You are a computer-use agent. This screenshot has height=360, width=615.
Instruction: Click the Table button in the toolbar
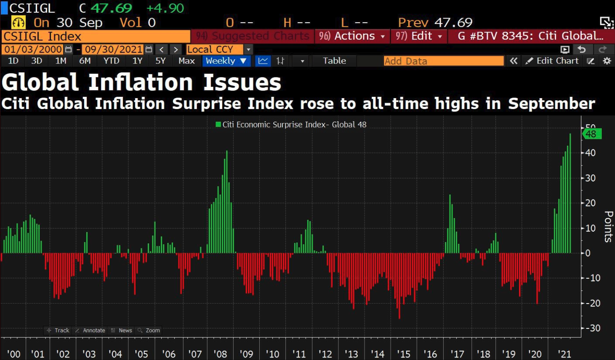334,61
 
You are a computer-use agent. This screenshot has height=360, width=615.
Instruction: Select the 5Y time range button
160,61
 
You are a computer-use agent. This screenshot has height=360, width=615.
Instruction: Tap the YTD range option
111,61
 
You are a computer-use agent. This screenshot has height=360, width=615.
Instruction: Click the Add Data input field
443,61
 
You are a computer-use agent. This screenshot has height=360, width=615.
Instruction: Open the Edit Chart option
552,61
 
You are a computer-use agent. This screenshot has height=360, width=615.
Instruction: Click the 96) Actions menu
352,36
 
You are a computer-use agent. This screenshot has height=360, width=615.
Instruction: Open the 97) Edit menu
418,36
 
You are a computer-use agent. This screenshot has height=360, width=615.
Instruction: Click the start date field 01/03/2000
33,50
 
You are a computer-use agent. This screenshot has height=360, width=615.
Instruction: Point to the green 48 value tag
591,134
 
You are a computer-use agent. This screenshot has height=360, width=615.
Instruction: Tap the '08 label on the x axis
220,354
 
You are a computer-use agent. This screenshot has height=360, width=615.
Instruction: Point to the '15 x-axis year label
403,354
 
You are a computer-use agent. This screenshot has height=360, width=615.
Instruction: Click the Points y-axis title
608,227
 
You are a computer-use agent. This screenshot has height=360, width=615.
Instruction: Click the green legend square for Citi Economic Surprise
218,125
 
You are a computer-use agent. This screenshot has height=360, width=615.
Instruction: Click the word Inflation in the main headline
141,82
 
